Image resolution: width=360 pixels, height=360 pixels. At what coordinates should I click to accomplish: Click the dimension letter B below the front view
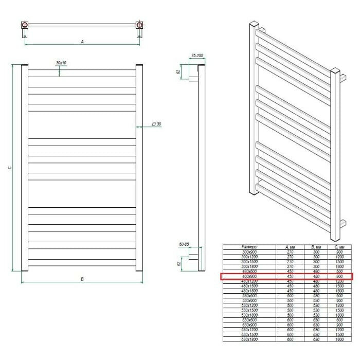[82, 278]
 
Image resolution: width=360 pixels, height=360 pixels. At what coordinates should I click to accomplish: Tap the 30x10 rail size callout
[60, 63]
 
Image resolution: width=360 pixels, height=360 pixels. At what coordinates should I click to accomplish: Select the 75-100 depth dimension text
[197, 55]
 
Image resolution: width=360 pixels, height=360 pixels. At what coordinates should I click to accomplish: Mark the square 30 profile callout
[157, 124]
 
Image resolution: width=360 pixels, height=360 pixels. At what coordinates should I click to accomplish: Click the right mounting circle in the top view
[139, 25]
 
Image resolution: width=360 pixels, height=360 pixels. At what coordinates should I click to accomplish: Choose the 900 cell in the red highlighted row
[338, 277]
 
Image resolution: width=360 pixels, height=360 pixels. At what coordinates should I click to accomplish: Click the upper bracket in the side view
[193, 79]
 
